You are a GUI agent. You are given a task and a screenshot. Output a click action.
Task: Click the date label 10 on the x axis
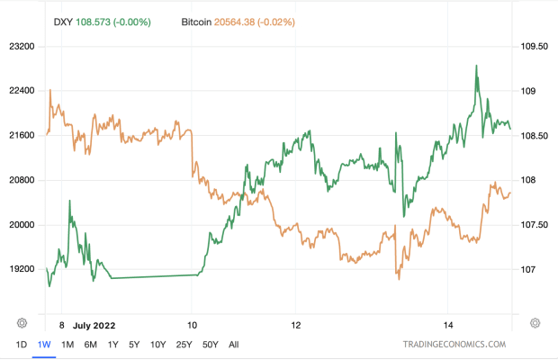coord(192,323)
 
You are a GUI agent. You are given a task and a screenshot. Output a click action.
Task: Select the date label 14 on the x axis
coord(449,323)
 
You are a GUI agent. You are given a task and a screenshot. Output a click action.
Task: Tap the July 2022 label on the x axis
coord(95,323)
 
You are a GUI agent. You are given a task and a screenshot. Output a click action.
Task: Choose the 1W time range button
coord(43,344)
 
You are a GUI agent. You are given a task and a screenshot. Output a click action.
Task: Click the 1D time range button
coord(21,344)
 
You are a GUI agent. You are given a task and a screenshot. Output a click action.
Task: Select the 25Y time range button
coord(183,344)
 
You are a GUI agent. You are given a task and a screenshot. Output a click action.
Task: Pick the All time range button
coord(234,344)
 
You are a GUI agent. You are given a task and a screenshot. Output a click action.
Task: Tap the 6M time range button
coord(90,344)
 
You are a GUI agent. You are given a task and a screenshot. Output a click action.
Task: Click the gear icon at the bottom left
coord(22,322)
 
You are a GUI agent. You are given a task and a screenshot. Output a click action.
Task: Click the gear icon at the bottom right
coord(535,322)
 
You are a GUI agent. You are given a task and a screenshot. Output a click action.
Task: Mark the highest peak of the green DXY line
coord(475,66)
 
